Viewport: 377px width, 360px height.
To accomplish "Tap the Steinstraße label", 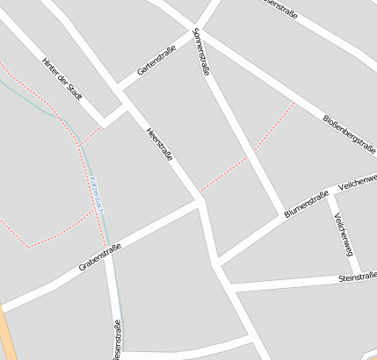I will [x=357, y=277].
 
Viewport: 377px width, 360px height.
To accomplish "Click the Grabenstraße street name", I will [x=99, y=261].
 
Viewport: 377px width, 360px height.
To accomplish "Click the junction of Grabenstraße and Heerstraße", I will [x=200, y=201].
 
